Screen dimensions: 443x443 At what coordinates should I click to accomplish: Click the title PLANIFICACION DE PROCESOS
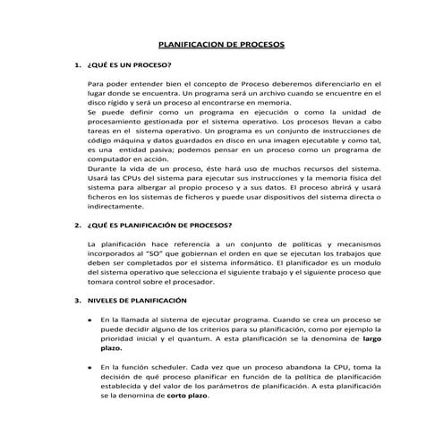pyautogui.click(x=221, y=43)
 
